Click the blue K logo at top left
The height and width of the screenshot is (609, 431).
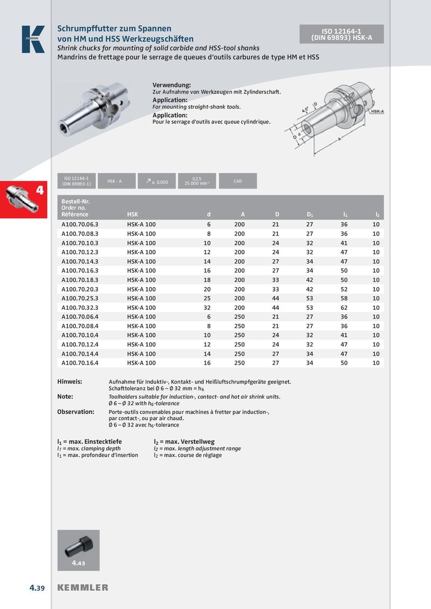33,39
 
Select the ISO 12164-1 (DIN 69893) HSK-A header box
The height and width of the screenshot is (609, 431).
342,34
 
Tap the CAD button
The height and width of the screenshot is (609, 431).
238,181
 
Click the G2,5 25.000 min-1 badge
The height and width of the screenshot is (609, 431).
197,181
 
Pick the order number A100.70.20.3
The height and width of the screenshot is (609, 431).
80,289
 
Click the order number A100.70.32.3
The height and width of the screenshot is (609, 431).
80,307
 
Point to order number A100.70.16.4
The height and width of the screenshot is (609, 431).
80,363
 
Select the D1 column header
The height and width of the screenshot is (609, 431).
310,215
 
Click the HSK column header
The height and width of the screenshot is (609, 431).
133,215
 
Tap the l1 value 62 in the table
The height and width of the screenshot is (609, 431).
344,307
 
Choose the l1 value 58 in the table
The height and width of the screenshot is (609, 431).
344,298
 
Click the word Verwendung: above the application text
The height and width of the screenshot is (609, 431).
172,86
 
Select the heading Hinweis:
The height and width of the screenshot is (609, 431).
69,381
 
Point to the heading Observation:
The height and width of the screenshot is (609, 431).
75,412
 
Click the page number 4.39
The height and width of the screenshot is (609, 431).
38,587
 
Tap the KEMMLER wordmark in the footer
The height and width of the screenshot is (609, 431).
83,587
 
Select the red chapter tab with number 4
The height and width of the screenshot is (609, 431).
25,200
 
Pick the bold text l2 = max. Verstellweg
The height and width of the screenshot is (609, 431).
184,442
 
